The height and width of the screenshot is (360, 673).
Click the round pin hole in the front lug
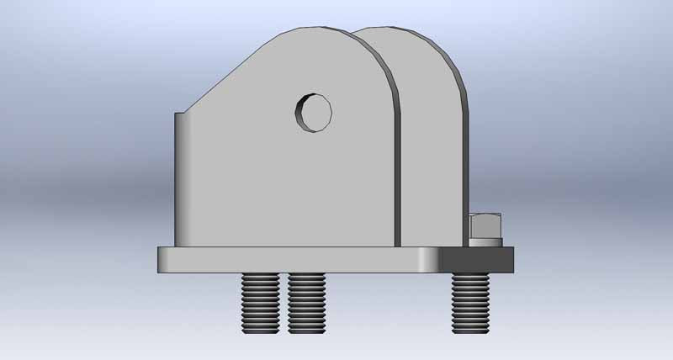[x=315, y=112]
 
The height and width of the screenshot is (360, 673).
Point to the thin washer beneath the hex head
[x=486, y=243]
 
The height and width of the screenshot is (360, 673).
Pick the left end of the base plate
[x=162, y=259]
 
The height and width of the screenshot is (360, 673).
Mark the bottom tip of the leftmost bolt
[x=261, y=327]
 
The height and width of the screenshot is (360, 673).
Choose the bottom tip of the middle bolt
[x=307, y=327]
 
